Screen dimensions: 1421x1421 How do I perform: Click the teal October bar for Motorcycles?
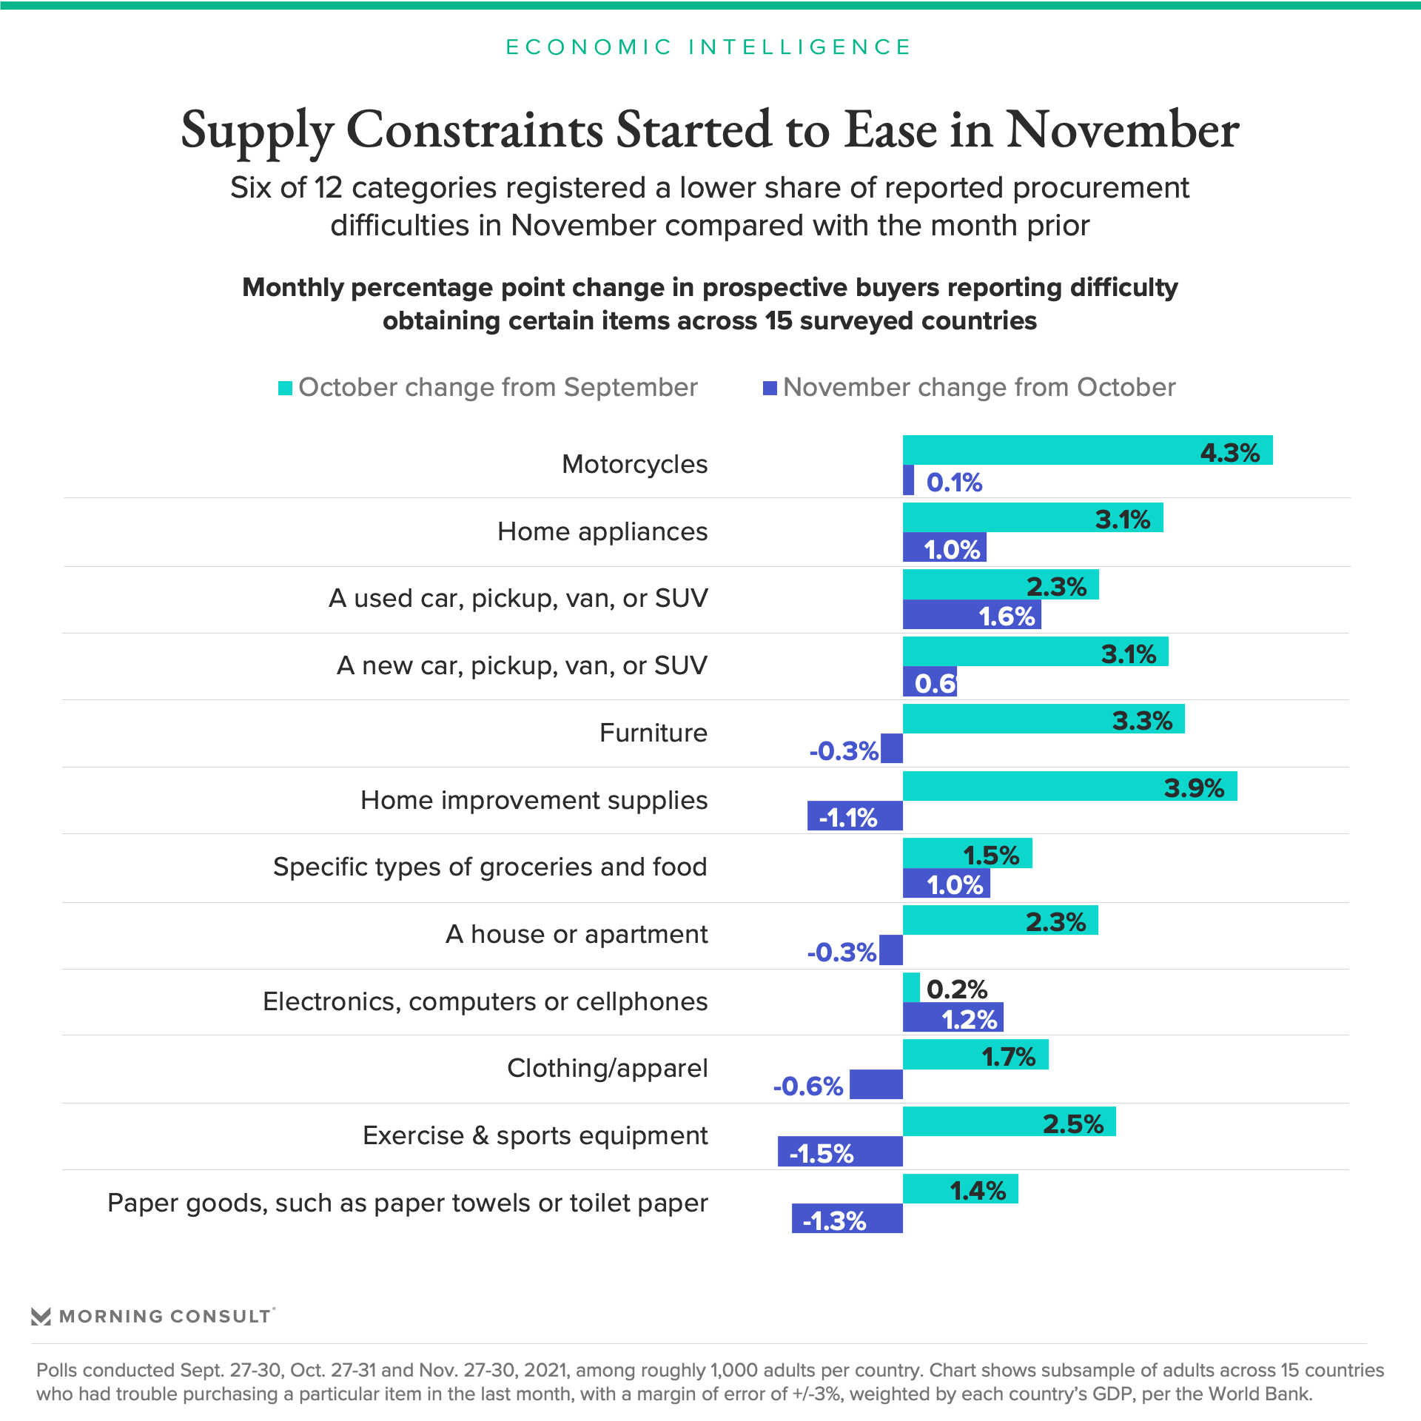point(1087,450)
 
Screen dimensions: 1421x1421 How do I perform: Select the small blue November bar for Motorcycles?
point(908,480)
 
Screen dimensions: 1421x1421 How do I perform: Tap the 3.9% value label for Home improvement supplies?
point(1194,787)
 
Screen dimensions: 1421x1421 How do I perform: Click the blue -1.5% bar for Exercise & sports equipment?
point(840,1152)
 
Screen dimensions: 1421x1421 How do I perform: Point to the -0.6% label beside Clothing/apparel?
point(807,1086)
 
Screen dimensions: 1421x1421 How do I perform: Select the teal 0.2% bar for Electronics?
point(911,987)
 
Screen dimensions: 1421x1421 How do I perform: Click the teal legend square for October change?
point(285,388)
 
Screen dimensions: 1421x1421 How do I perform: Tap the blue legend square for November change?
point(770,388)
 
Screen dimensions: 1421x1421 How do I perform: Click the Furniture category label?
point(654,733)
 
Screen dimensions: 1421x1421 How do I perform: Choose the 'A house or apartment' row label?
point(577,934)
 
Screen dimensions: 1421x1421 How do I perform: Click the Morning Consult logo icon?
point(41,1317)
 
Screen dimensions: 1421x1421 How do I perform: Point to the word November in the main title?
point(1122,130)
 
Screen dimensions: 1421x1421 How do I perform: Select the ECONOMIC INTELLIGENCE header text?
point(708,47)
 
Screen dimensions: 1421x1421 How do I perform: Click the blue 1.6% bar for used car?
point(972,614)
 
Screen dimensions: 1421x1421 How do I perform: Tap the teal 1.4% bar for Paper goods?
point(961,1189)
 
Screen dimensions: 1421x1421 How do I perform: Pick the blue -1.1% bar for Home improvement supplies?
point(855,816)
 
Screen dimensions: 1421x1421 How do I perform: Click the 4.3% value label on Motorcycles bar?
point(1229,452)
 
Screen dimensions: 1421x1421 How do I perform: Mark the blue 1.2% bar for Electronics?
point(953,1017)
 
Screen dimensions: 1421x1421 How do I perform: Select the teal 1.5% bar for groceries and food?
point(967,853)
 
